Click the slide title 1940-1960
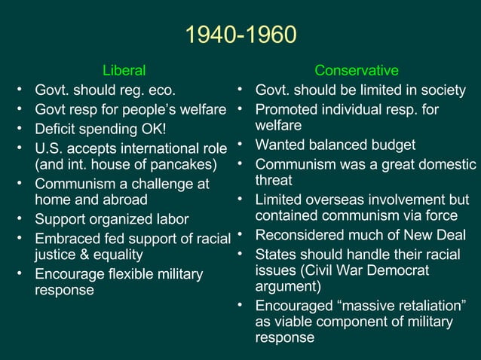pyautogui.click(x=240, y=35)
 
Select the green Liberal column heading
pyautogui.click(x=124, y=71)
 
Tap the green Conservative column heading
pyautogui.click(x=357, y=71)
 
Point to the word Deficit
pyautogui.click(x=57, y=127)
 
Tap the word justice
pyautogui.click(x=57, y=255)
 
